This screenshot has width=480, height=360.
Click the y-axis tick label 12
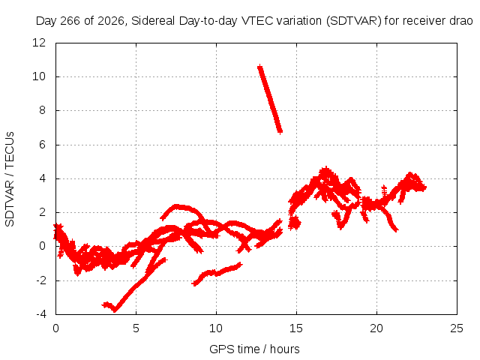39,43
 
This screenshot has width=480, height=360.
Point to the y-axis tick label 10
39,76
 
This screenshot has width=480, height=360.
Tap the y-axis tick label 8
42,110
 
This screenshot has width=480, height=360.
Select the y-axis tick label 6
42,145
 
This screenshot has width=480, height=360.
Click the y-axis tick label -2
40,280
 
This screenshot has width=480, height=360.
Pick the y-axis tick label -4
40,314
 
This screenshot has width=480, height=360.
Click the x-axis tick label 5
136,328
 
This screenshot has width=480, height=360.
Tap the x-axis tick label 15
296,328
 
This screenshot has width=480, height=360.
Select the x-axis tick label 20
376,328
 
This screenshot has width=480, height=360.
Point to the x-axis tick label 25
457,328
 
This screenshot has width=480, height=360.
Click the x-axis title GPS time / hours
254,349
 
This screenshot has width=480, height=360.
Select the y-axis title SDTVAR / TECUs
10,179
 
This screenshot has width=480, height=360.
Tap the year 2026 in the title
111,21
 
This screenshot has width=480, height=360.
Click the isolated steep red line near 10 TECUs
270,99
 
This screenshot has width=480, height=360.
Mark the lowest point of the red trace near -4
115,311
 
